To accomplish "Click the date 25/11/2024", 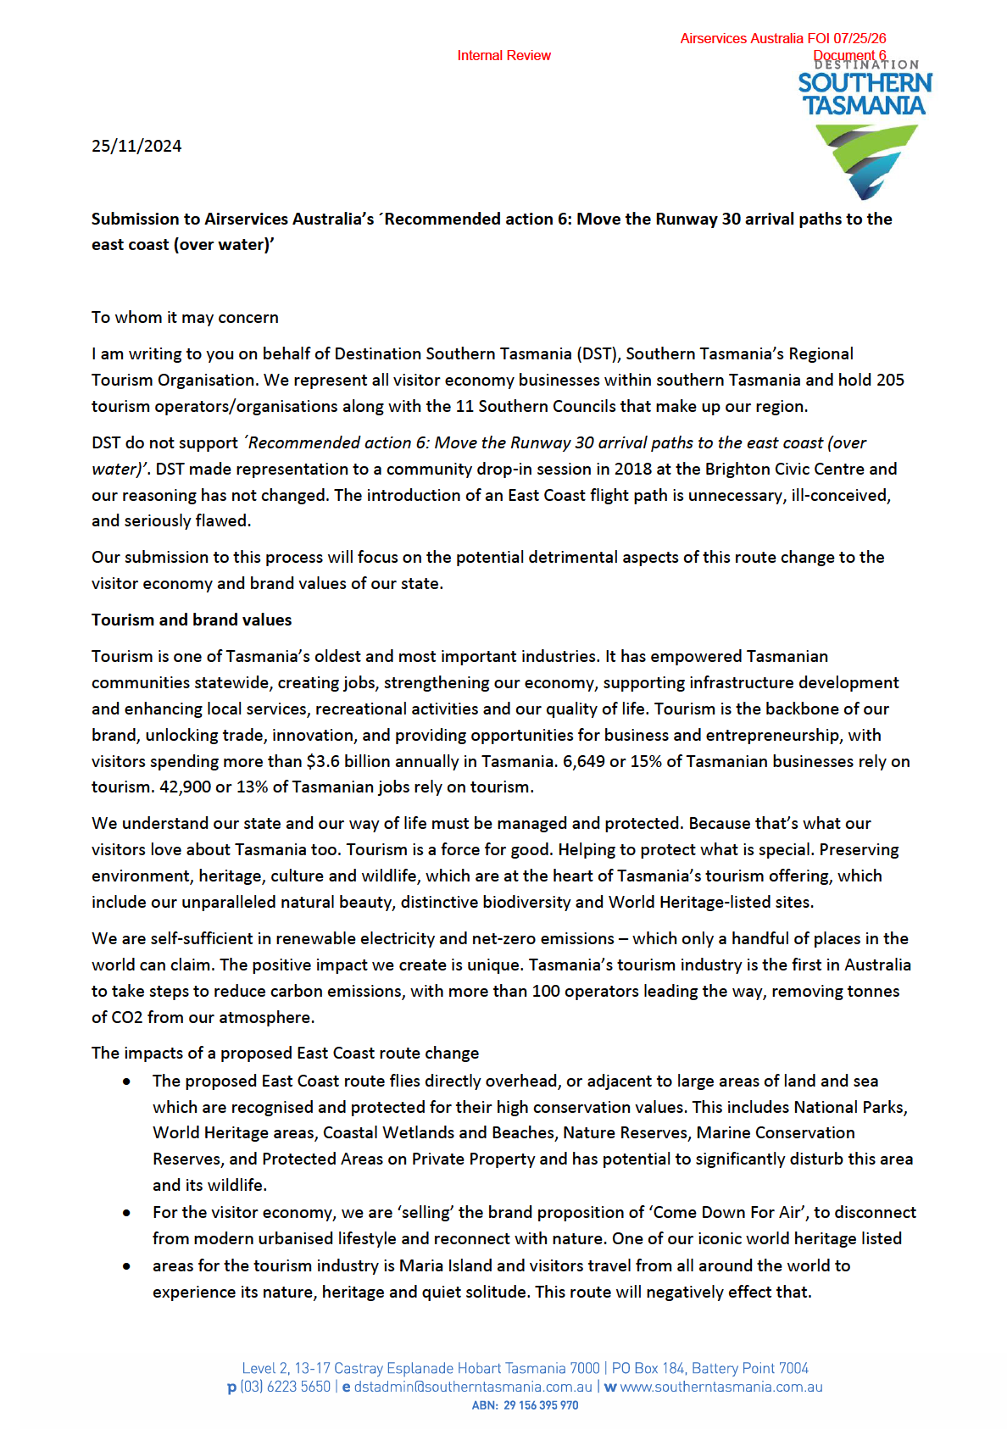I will tap(136, 146).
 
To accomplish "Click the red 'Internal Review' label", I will tap(503, 56).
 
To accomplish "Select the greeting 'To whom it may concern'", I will tap(185, 317).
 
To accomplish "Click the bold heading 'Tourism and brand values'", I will tap(192, 620).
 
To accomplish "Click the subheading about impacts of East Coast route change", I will tap(285, 1053).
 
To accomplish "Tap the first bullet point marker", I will tap(126, 1081).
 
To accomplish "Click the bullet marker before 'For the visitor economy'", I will tap(126, 1213).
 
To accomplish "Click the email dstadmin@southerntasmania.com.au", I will tap(473, 1387).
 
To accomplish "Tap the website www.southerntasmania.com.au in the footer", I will tap(721, 1387).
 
